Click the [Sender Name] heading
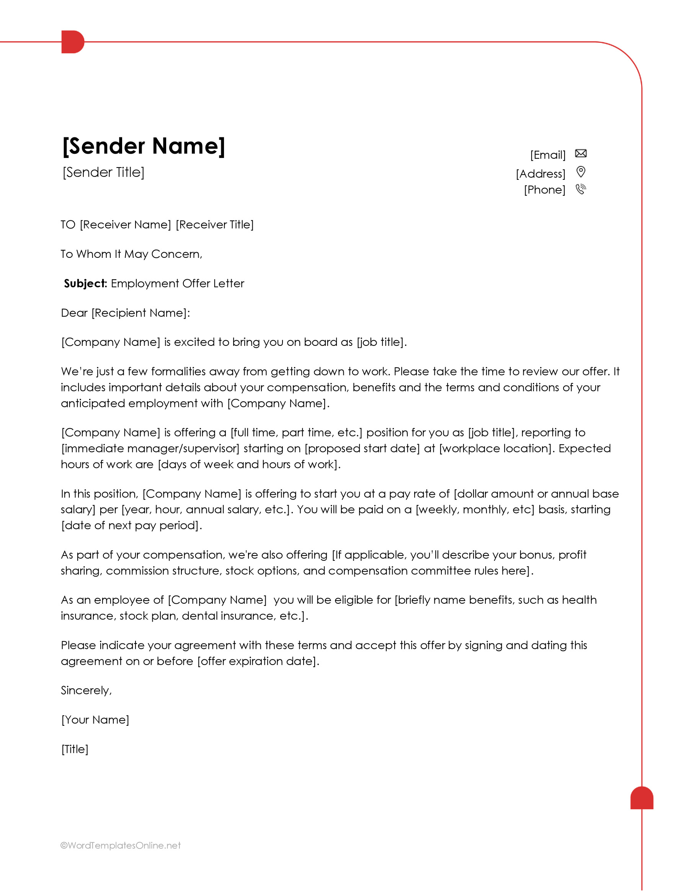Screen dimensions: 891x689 point(143,146)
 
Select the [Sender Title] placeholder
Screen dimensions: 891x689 point(103,172)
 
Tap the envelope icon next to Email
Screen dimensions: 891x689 point(580,153)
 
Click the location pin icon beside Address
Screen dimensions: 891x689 point(580,172)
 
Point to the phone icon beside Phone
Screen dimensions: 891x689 point(580,189)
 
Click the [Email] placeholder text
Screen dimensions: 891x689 point(547,155)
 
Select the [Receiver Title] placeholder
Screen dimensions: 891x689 point(215,225)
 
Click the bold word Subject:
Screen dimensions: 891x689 point(85,283)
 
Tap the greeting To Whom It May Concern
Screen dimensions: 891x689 point(131,254)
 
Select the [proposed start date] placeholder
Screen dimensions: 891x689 point(362,448)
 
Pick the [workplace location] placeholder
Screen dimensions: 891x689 point(496,448)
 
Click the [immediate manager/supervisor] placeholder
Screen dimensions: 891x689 point(150,448)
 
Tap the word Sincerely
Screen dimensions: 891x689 point(85,690)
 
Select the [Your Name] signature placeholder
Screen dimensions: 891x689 point(95,720)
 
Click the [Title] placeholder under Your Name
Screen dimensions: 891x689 point(75,749)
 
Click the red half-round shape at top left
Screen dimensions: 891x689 point(72,42)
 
